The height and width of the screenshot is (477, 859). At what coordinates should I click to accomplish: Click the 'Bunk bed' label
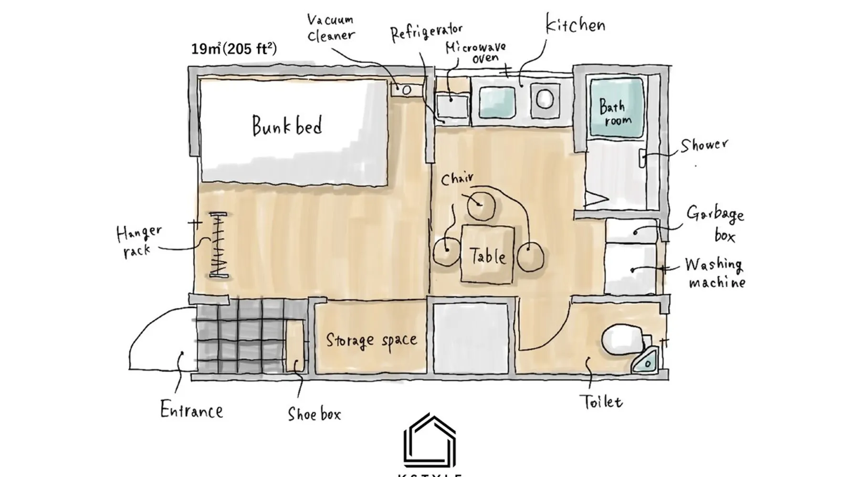coord(287,125)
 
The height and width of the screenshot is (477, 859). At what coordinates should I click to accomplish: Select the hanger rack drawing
coord(219,244)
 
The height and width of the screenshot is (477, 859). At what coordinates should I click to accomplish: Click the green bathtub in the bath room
coord(617,109)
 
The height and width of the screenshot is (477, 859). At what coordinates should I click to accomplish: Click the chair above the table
coord(481,205)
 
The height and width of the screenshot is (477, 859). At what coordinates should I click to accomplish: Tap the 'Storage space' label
coord(371,341)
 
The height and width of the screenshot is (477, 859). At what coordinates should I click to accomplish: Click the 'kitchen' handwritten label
coord(576,24)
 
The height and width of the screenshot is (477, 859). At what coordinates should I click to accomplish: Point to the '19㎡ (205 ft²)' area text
coord(234,49)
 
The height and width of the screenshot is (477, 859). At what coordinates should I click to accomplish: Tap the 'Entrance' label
coord(191,410)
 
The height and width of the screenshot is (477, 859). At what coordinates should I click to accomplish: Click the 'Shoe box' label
coord(314,413)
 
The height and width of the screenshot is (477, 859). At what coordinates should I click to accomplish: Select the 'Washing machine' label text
coord(715,273)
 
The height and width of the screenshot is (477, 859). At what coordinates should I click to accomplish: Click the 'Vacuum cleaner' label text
coord(331,28)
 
